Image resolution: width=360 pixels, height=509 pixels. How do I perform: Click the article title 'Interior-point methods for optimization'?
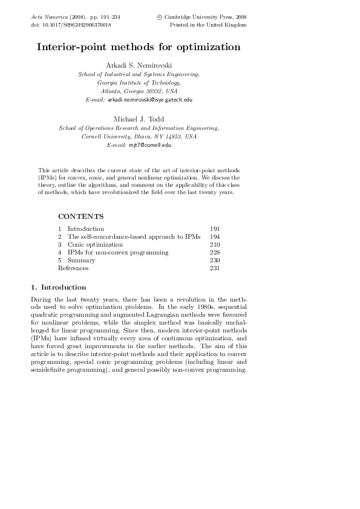point(139,47)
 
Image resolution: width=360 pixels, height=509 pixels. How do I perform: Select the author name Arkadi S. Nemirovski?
point(139,65)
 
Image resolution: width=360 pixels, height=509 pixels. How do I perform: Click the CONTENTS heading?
point(80,216)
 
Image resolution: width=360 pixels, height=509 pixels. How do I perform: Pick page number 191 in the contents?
point(214,229)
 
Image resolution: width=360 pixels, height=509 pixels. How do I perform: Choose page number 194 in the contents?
point(214,237)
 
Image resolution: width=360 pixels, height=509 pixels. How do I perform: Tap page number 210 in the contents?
point(214,245)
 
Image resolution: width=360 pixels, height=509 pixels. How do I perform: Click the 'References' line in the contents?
point(73,268)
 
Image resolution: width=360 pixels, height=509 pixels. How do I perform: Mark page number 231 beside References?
point(214,268)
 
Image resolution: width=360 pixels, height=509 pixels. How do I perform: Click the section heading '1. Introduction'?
point(58,287)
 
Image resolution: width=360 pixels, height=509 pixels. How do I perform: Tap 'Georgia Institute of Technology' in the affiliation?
point(139,82)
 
